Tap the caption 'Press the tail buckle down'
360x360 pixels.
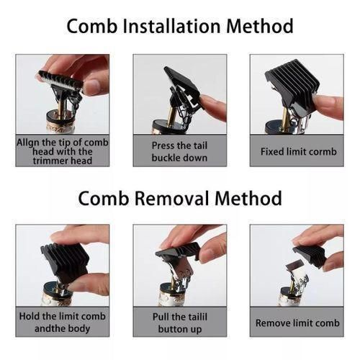pos(179,151)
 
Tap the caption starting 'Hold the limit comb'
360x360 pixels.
pos(63,322)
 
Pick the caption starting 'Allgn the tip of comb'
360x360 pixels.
pos(63,151)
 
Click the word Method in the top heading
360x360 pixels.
pos(260,27)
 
